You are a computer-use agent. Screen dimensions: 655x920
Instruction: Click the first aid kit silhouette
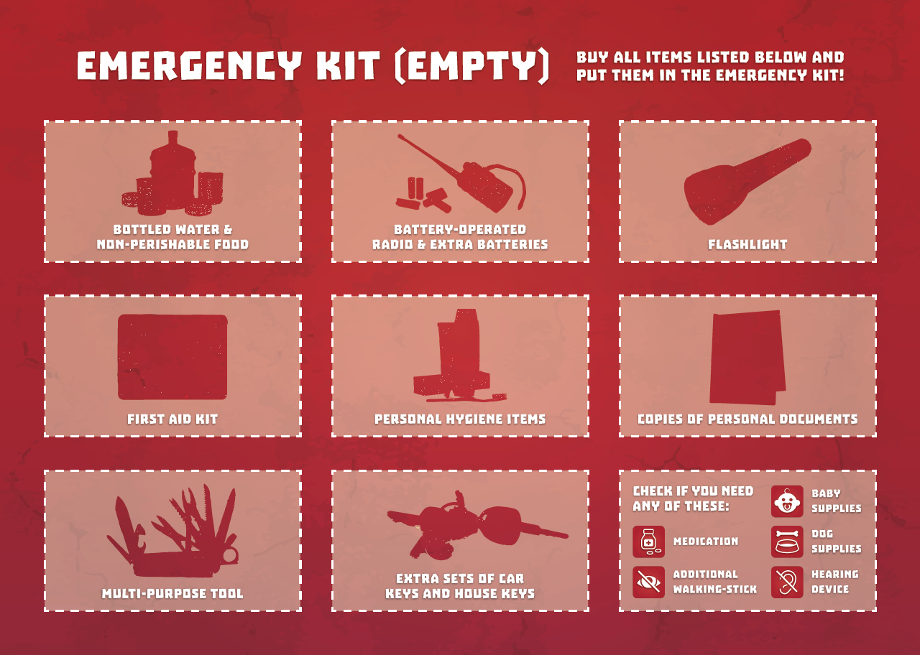(x=172, y=356)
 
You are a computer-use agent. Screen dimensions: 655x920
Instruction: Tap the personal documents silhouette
(x=747, y=357)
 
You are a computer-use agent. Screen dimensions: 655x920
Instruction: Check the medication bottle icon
(x=648, y=542)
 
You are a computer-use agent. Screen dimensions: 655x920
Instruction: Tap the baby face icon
(x=787, y=501)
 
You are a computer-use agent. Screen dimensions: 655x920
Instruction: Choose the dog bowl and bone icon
(x=787, y=542)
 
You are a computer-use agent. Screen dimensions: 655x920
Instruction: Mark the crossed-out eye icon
(x=648, y=582)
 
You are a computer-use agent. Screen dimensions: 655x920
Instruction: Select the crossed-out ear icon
(x=787, y=582)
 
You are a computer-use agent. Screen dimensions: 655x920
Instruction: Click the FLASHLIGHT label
(x=747, y=245)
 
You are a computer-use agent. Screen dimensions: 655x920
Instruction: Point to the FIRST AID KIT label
(x=172, y=419)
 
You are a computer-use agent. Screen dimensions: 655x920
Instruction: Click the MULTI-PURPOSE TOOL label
(x=172, y=594)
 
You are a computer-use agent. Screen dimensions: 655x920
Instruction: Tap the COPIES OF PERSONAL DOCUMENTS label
(x=747, y=419)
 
